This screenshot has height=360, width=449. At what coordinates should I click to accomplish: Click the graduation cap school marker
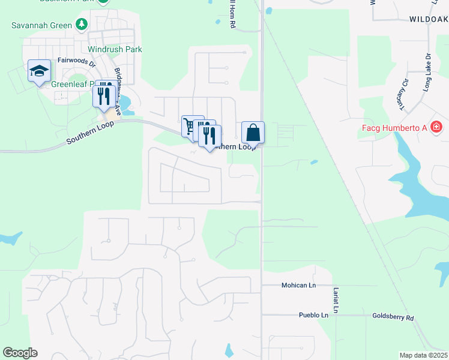coord(39,71)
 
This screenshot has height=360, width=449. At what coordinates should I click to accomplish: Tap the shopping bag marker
coord(253,132)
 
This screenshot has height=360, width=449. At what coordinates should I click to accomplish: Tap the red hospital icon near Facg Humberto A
coord(436,127)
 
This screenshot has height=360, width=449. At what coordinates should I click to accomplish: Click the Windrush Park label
coord(115,49)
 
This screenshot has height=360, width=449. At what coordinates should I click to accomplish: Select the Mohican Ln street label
coord(298,286)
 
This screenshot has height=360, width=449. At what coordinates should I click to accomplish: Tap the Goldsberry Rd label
coord(393,317)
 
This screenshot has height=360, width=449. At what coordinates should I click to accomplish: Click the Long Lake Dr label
coord(427,77)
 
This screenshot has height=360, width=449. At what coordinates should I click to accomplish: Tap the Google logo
coord(20,353)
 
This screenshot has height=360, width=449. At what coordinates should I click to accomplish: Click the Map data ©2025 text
coord(423,355)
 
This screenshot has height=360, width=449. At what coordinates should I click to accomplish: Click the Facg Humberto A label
coord(394,128)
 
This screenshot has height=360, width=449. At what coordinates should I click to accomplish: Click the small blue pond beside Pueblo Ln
coord(229,350)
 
